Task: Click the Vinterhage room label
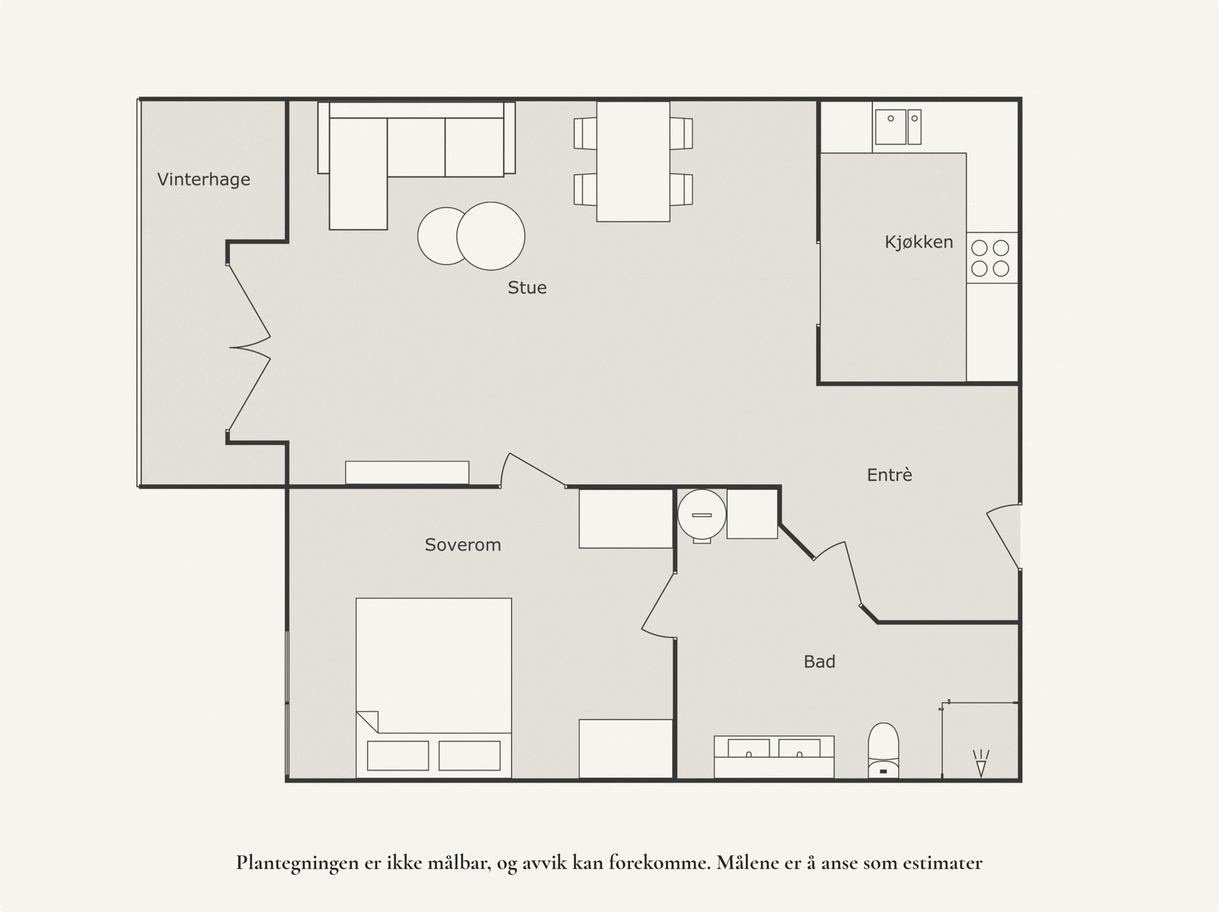(x=203, y=180)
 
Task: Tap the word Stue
(x=527, y=288)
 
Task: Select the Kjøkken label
(x=918, y=242)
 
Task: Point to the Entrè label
(x=889, y=475)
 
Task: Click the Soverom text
(x=462, y=545)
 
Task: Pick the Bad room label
(x=819, y=662)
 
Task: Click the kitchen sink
(x=897, y=126)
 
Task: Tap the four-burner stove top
(x=990, y=258)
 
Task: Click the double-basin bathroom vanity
(x=773, y=755)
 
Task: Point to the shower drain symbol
(x=981, y=762)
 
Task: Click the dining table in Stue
(x=632, y=161)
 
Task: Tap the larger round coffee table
(x=491, y=235)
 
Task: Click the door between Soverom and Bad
(x=658, y=603)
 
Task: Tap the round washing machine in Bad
(x=702, y=515)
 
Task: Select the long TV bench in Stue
(x=407, y=472)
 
